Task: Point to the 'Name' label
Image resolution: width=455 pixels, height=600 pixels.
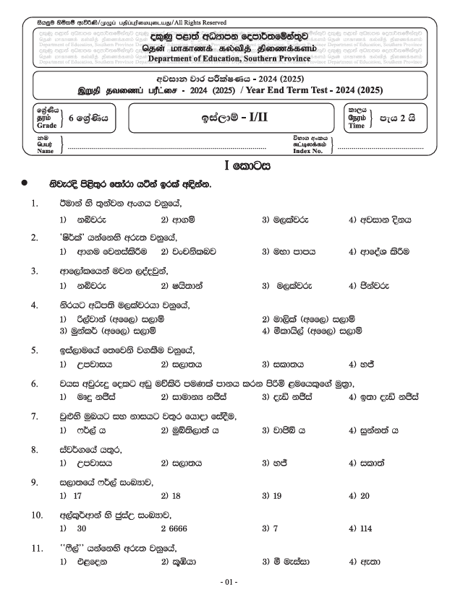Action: tap(46, 151)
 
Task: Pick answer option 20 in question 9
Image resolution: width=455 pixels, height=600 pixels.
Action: tap(364, 496)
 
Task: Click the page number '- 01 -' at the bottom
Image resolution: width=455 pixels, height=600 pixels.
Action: tap(228, 582)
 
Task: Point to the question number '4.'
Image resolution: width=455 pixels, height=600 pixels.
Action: tap(34, 305)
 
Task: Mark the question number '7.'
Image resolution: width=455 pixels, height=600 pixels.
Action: tap(34, 417)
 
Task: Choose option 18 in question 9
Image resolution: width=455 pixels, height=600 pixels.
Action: tap(174, 496)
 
